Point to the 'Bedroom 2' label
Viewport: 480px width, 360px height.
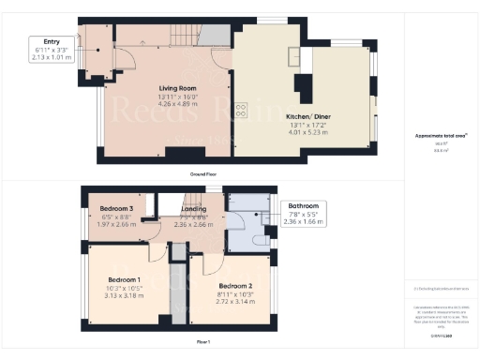[235, 285]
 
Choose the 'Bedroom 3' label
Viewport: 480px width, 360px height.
[117, 208]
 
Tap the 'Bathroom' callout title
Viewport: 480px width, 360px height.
[304, 206]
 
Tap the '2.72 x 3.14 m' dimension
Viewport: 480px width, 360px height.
[235, 301]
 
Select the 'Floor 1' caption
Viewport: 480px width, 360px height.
[203, 343]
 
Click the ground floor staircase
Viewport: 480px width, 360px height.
[183, 36]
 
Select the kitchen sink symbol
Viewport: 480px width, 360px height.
[295, 53]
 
